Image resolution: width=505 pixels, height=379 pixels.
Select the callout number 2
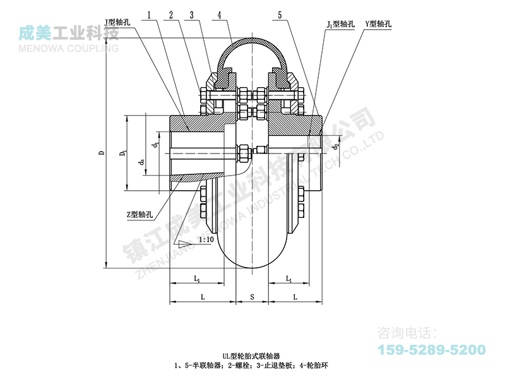coord(171,13)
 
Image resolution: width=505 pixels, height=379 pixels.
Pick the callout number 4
coord(218,13)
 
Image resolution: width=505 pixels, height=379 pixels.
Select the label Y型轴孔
coord(378,23)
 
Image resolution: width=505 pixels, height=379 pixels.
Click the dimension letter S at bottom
coord(252,296)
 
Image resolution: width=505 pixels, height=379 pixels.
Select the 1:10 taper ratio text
coord(205,240)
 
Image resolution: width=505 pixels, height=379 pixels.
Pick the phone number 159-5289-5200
coord(431,350)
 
